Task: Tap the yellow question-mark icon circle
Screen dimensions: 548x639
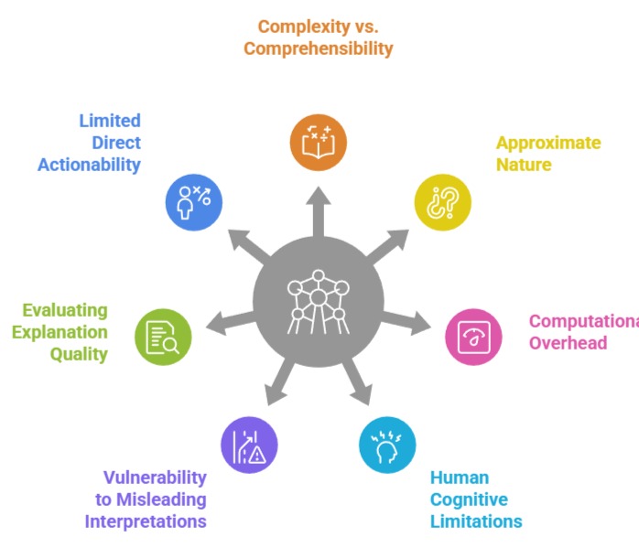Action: coord(442,201)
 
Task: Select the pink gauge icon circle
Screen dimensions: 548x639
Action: coord(473,336)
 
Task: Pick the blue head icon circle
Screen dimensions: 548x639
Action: coord(386,445)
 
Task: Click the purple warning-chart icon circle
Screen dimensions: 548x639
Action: coord(249,445)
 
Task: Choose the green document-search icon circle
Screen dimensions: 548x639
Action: coord(163,336)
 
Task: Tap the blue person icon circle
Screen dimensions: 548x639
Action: coord(193,201)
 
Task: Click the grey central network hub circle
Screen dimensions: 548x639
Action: coord(318,301)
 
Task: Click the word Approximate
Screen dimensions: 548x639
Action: coord(548,144)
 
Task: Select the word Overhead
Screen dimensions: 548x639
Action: coord(567,343)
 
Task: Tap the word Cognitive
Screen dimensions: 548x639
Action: coord(469,500)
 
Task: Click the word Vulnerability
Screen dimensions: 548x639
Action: coord(154,478)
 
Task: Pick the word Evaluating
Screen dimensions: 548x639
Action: coord(65,311)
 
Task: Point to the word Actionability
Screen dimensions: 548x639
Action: coord(89,165)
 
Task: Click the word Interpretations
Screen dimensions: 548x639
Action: coord(146,521)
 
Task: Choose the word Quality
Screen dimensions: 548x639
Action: coord(80,354)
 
